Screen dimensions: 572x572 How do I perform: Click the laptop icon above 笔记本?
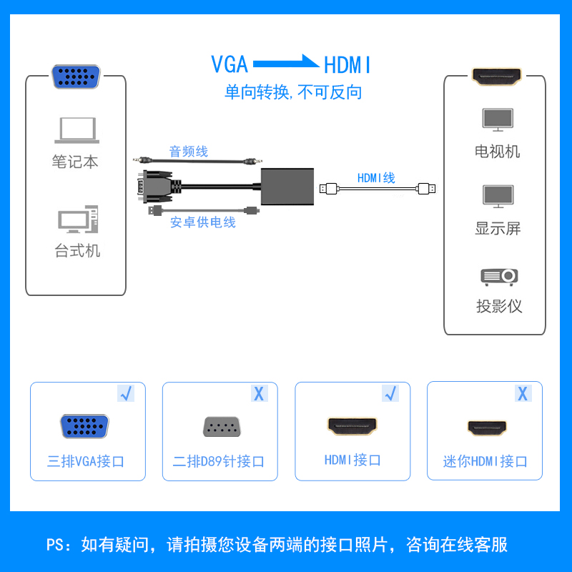tap(77, 130)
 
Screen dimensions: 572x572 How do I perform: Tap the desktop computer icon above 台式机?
tap(77, 220)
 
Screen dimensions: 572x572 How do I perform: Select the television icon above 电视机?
tap(498, 119)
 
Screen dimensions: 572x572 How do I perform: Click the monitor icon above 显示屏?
tap(498, 197)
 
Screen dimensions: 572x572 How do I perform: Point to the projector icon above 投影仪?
tap(499, 276)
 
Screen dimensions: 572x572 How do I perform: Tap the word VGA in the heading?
tap(230, 64)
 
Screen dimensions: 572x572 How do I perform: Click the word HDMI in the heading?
tap(348, 65)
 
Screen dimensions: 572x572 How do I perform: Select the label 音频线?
tap(188, 152)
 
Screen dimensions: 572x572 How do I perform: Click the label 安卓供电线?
tap(202, 222)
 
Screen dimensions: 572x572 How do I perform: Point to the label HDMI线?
tap(376, 179)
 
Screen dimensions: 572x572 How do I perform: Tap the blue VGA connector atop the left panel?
tap(75, 77)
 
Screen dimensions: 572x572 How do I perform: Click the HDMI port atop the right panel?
tap(497, 76)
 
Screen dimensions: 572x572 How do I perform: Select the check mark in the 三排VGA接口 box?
tap(126, 393)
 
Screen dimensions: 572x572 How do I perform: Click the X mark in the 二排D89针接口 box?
tap(258, 393)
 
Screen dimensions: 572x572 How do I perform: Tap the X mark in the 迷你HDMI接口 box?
tap(523, 393)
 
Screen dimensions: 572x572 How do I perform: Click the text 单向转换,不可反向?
tap(293, 92)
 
